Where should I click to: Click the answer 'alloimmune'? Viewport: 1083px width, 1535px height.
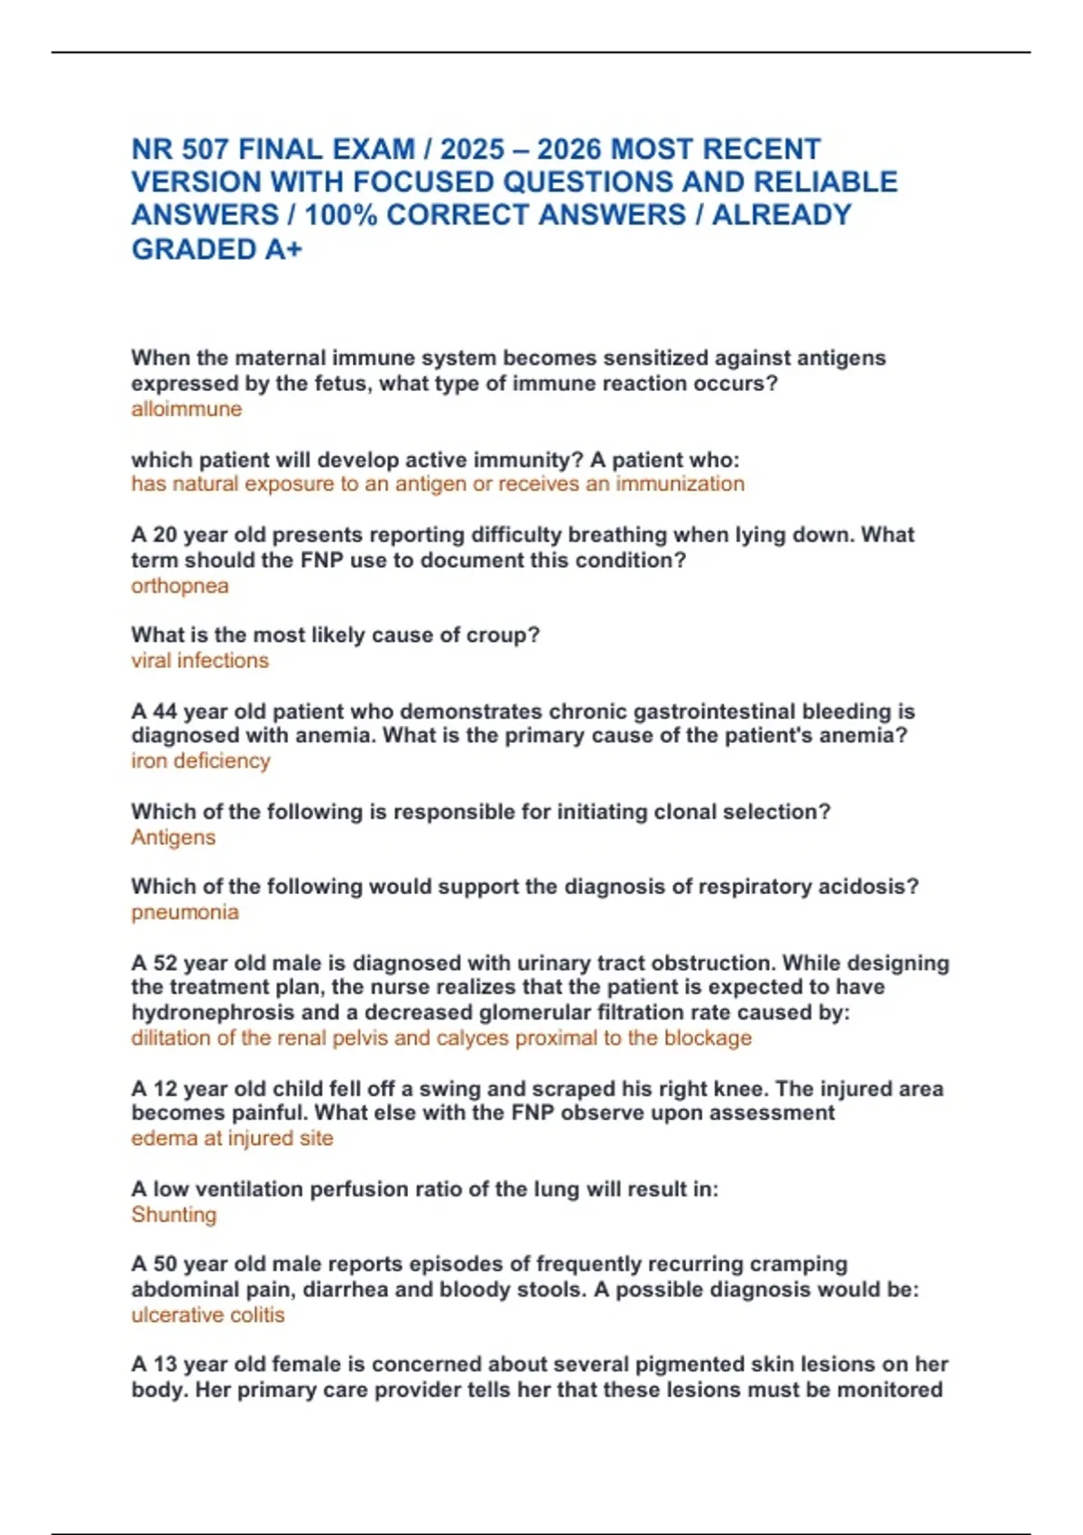click(186, 409)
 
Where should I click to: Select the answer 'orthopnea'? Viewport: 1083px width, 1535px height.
click(180, 586)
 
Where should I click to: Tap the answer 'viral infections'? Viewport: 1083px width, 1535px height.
click(199, 661)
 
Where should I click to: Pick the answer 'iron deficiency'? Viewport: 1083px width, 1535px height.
click(200, 761)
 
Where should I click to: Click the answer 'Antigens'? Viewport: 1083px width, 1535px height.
click(173, 838)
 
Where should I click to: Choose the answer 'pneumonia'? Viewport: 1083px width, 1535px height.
click(185, 912)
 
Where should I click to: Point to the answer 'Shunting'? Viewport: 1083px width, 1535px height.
click(174, 1214)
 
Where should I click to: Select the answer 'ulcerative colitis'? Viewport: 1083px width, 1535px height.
click(208, 1315)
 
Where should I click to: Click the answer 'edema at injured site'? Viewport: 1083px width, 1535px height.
click(232, 1138)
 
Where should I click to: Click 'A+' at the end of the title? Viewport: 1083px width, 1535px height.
click(283, 249)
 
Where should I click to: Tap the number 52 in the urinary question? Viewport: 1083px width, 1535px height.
click(164, 963)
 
